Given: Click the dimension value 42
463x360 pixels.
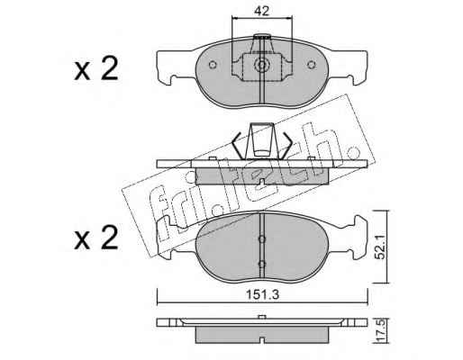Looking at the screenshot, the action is [x=262, y=11].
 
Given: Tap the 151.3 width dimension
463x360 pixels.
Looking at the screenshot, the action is [x=263, y=295].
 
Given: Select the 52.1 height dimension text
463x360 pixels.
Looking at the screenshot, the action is [x=381, y=247].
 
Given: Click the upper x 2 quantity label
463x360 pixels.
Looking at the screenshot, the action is [x=96, y=69].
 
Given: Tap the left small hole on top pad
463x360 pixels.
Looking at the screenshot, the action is [x=213, y=65].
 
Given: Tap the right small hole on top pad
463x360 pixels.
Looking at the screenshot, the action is [x=312, y=65].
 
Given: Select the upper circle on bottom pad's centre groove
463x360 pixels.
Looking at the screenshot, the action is [x=262, y=239].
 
